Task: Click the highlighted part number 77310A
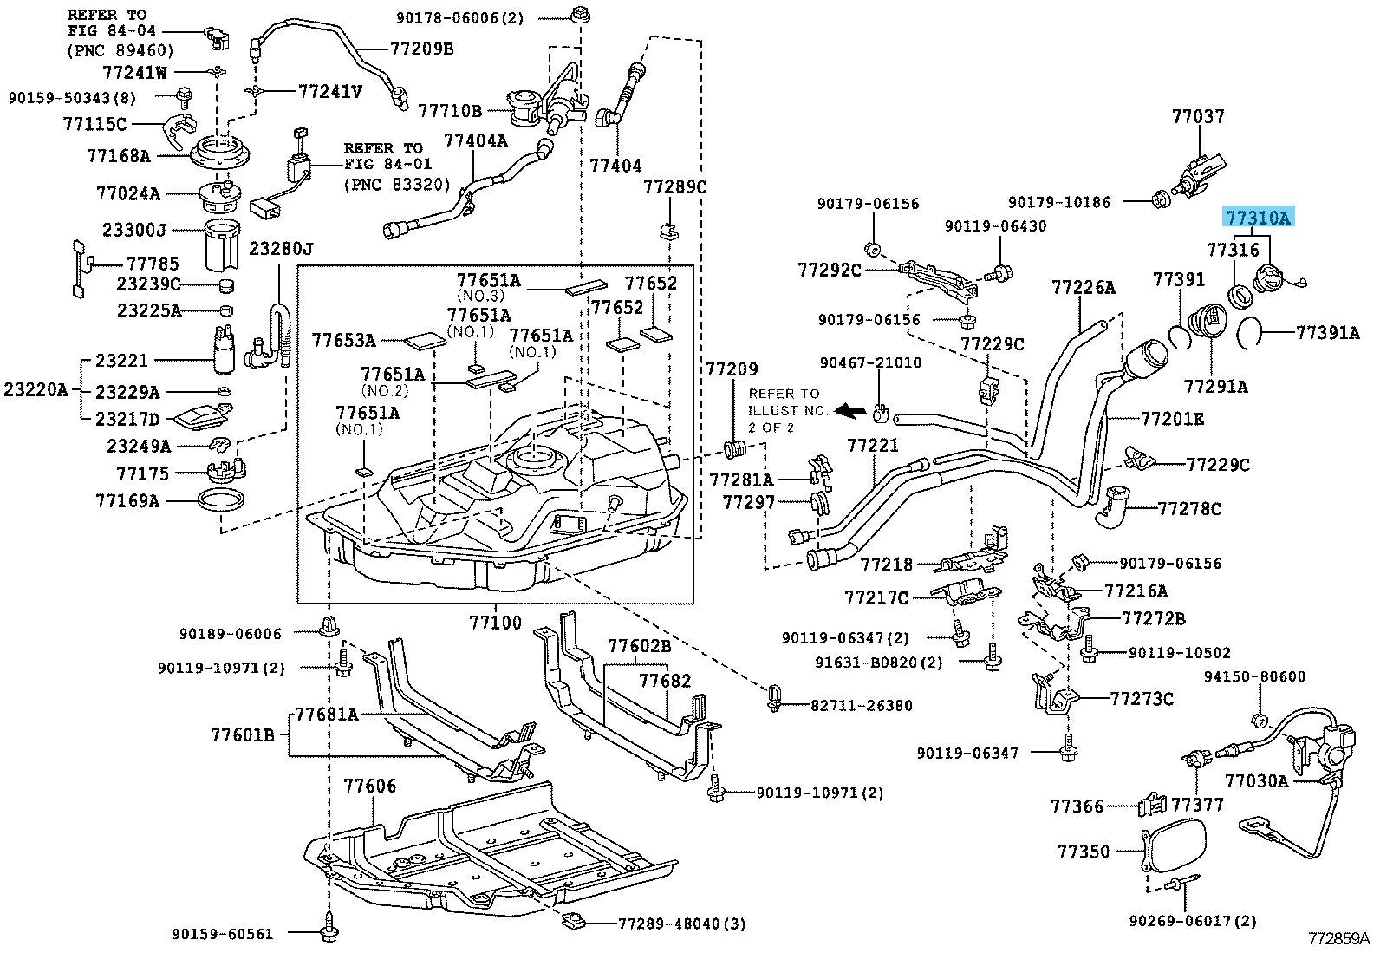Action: pos(1258,217)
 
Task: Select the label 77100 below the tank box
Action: pos(496,623)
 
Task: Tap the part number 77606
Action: pos(370,786)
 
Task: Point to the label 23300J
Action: pos(134,230)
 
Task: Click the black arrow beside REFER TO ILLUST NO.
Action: pos(850,410)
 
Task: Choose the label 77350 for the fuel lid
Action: pos(1083,852)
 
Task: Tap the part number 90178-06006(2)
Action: pos(459,17)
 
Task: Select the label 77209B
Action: pos(421,48)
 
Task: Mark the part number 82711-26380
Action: pos(862,705)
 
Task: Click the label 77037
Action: pos(1198,116)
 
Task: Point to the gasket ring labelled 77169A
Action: pos(221,499)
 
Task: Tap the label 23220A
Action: pos(36,389)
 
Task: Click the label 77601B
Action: pos(243,734)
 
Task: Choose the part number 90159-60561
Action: pos(222,934)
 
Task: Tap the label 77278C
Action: pos(1189,508)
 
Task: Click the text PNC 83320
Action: pos(397,184)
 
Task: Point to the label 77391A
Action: pos(1328,333)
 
